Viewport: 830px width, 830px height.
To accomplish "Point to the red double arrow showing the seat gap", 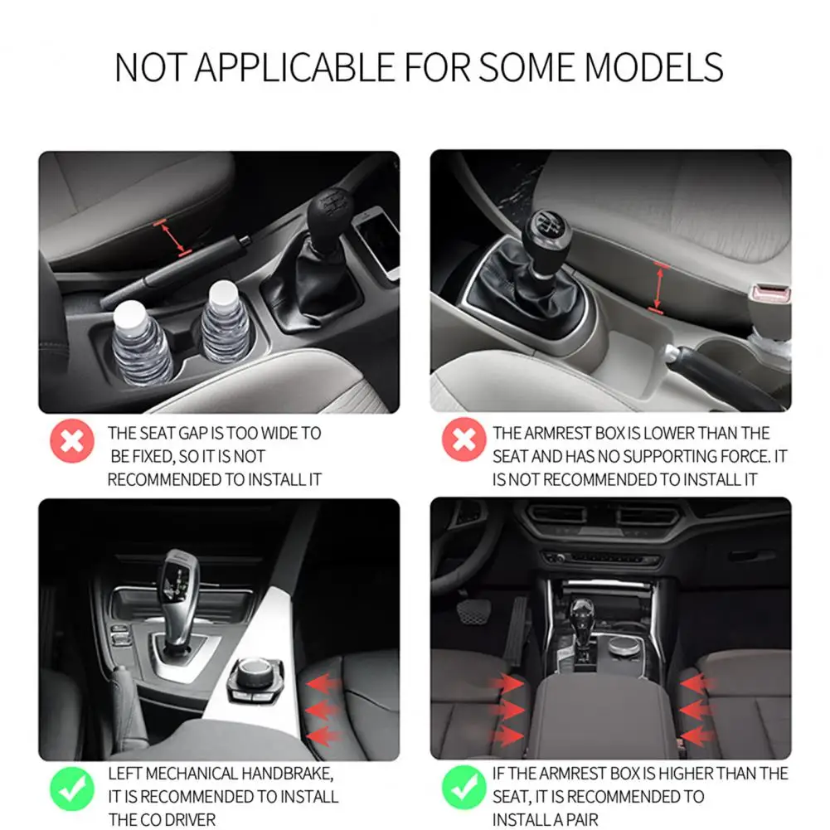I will (175, 235).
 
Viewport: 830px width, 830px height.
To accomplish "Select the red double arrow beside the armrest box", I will (659, 288).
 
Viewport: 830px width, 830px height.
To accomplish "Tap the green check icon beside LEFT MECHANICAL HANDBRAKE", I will (72, 788).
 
